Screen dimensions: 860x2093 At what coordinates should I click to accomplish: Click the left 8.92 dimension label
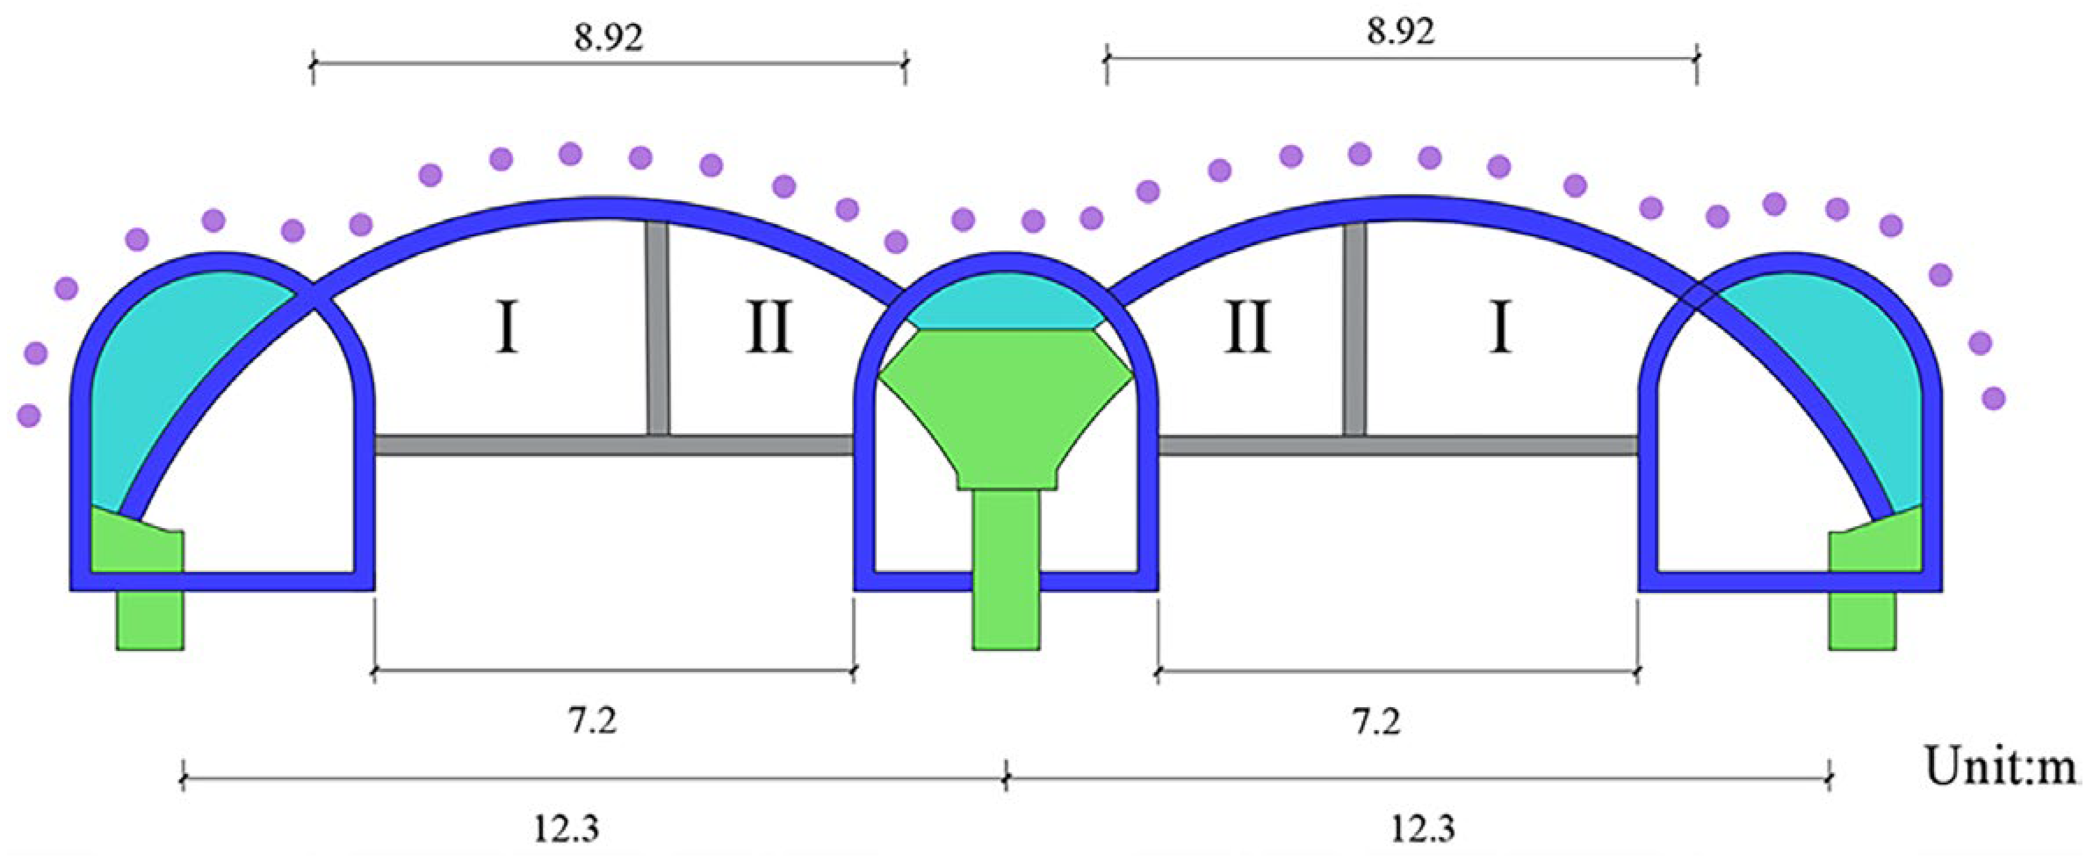pos(609,37)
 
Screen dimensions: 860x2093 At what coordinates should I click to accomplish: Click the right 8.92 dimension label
pos(1400,32)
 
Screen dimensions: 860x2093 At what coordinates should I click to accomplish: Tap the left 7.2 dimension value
pos(592,721)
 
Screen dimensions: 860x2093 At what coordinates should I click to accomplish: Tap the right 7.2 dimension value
pos(1375,722)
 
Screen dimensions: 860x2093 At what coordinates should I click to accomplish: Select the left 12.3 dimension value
pos(567,827)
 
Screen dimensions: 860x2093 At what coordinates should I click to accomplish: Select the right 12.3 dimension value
pos(1423,827)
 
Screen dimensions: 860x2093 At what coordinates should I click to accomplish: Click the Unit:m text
pos(1999,766)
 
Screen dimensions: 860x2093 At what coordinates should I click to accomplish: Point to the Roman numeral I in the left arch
pos(506,328)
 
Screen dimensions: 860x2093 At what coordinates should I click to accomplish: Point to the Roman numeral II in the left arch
pos(769,328)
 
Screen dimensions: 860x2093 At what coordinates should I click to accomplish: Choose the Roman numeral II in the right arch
pos(1247,328)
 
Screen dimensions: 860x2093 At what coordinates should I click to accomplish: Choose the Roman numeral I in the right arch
pos(1500,328)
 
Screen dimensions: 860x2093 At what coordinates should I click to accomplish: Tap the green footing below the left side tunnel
pos(149,619)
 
